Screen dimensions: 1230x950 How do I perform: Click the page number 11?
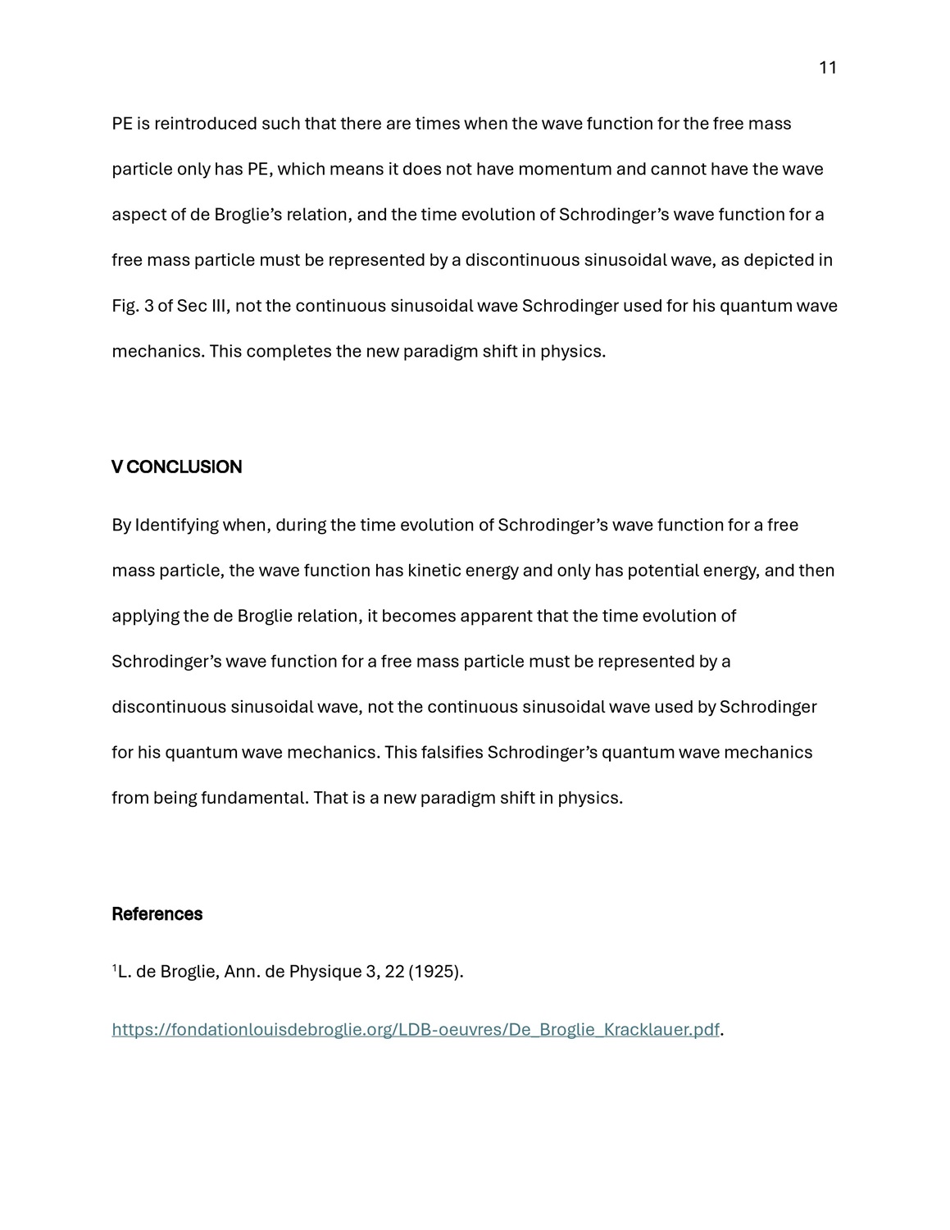pyautogui.click(x=827, y=68)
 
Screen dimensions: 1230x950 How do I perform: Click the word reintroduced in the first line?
pyautogui.click(x=205, y=124)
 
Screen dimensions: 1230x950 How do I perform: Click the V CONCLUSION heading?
pyautogui.click(x=176, y=467)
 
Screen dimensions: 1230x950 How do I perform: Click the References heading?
pyautogui.click(x=157, y=914)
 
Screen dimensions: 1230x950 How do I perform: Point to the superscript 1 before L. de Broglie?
pyautogui.click(x=114, y=968)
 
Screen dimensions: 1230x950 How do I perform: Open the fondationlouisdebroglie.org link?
pyautogui.click(x=416, y=1030)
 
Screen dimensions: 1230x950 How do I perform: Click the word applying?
pyautogui.click(x=145, y=616)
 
